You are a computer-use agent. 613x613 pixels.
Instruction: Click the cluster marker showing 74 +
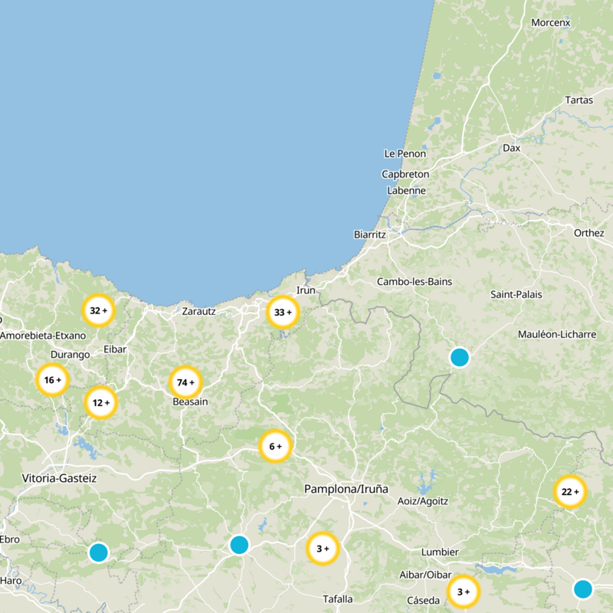coord(185,382)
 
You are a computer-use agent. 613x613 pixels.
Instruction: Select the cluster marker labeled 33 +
coord(283,312)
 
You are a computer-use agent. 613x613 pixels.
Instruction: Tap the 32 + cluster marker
coord(98,310)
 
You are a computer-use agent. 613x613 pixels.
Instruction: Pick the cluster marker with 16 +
coord(52,379)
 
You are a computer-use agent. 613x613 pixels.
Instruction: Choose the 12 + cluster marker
coord(101,402)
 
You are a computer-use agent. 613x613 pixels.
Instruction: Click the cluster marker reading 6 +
coord(275,446)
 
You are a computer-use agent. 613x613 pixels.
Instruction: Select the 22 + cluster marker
coord(569,492)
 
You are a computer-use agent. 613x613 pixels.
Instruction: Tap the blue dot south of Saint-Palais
coord(459,357)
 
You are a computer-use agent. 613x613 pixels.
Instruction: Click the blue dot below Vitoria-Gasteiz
coord(98,552)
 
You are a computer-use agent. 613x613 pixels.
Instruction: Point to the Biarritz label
coord(370,234)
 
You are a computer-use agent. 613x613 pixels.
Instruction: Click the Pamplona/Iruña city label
coord(346,488)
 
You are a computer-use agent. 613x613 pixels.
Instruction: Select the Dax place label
coord(511,147)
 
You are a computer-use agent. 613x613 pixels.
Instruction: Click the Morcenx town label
coord(551,23)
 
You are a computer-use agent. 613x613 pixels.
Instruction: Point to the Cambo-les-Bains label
coord(415,282)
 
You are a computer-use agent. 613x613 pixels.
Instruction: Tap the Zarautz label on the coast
coord(199,311)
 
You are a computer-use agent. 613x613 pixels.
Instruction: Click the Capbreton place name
coord(405,174)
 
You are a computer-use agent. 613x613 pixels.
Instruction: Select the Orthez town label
coord(589,233)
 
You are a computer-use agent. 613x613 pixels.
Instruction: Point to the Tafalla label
coord(337,599)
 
